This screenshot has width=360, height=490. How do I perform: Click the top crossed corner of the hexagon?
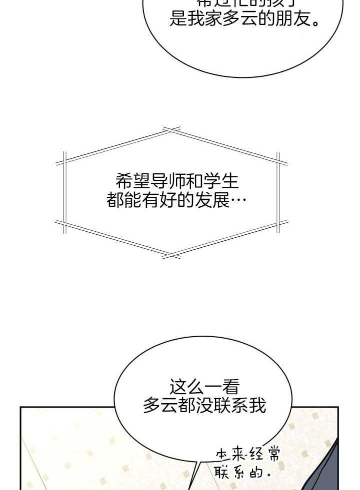click(x=171, y=131)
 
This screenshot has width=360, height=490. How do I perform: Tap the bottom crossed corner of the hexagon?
click(x=171, y=256)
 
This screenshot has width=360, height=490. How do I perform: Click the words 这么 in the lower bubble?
click(x=187, y=387)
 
